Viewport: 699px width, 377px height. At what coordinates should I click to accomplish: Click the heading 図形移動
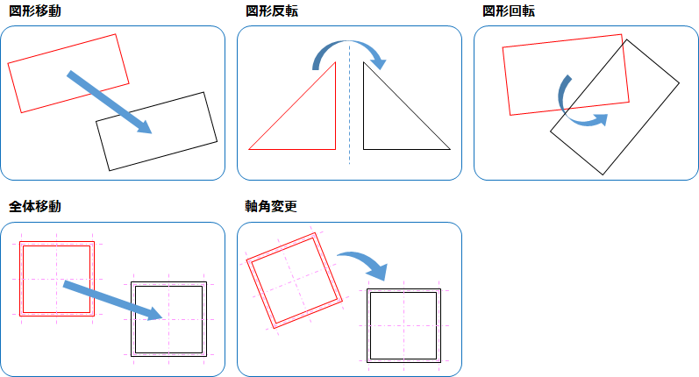[35, 11]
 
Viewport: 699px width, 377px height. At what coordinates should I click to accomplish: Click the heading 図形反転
[272, 11]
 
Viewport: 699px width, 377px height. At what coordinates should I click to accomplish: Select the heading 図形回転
[508, 11]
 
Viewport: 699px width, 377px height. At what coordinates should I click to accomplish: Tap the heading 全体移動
[35, 206]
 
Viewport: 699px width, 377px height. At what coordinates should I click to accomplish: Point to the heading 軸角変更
[271, 206]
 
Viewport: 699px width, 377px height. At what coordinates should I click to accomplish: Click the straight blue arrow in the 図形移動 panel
[110, 102]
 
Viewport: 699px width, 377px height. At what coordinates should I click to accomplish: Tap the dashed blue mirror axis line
[349, 103]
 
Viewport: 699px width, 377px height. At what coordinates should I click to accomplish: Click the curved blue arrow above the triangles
[348, 43]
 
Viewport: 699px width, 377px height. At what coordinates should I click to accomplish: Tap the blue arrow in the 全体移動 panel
[112, 300]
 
